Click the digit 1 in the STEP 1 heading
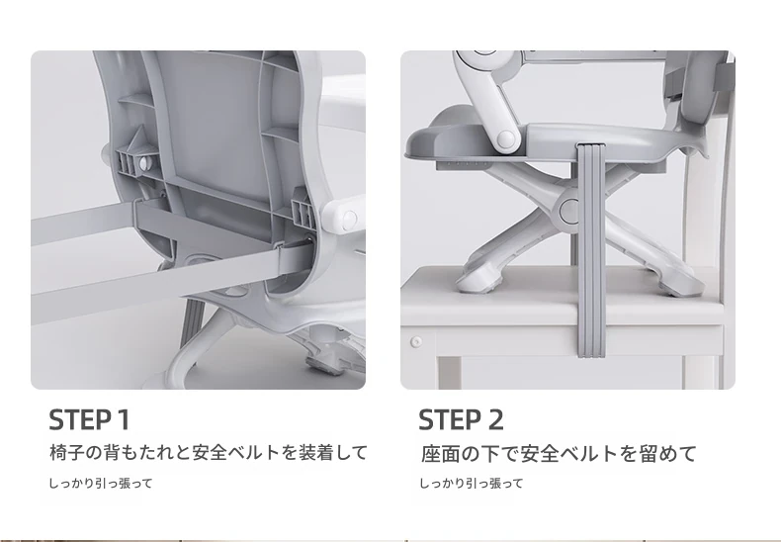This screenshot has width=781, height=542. pyautogui.click(x=124, y=419)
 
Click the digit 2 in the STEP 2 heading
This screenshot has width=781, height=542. pyautogui.click(x=495, y=419)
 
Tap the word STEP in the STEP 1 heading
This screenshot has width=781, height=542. pyautogui.click(x=80, y=419)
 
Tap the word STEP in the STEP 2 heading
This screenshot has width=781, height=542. pyautogui.click(x=449, y=419)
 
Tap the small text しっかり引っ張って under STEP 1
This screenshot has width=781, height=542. pyautogui.click(x=101, y=484)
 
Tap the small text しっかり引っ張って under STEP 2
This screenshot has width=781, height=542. pyautogui.click(x=472, y=484)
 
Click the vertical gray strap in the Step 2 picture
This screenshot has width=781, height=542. pyautogui.click(x=591, y=250)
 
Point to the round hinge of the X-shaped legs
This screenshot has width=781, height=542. pyautogui.click(x=571, y=211)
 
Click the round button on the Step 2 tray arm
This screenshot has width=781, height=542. pyautogui.click(x=504, y=138)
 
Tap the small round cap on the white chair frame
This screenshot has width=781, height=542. pyautogui.click(x=416, y=342)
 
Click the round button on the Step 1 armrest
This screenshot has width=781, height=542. pyautogui.click(x=350, y=219)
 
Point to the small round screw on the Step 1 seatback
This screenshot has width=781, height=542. pyautogui.click(x=144, y=162)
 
